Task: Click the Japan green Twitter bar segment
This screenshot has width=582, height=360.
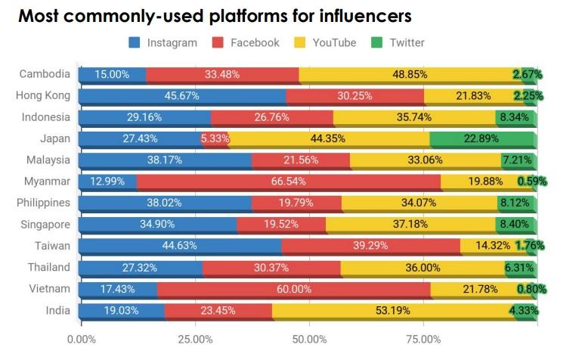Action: pyautogui.click(x=482, y=139)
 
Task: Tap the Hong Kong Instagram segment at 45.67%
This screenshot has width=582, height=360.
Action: pyautogui.click(x=182, y=96)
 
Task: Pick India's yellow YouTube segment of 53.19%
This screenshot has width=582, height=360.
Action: pyautogui.click(x=393, y=311)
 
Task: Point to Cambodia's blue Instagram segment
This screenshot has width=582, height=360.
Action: pyautogui.click(x=112, y=75)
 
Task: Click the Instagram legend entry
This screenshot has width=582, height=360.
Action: pyautogui.click(x=165, y=42)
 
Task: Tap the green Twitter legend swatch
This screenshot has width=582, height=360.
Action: pyautogui.click(x=377, y=42)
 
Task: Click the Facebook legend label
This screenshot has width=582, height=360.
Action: pyautogui.click(x=255, y=42)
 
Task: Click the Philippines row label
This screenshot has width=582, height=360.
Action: pyautogui.click(x=43, y=203)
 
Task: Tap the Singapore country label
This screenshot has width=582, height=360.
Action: pyautogui.click(x=45, y=225)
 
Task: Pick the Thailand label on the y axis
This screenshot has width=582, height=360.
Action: pyautogui.click(x=49, y=268)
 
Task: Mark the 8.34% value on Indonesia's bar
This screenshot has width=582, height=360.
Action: pyautogui.click(x=516, y=117)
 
